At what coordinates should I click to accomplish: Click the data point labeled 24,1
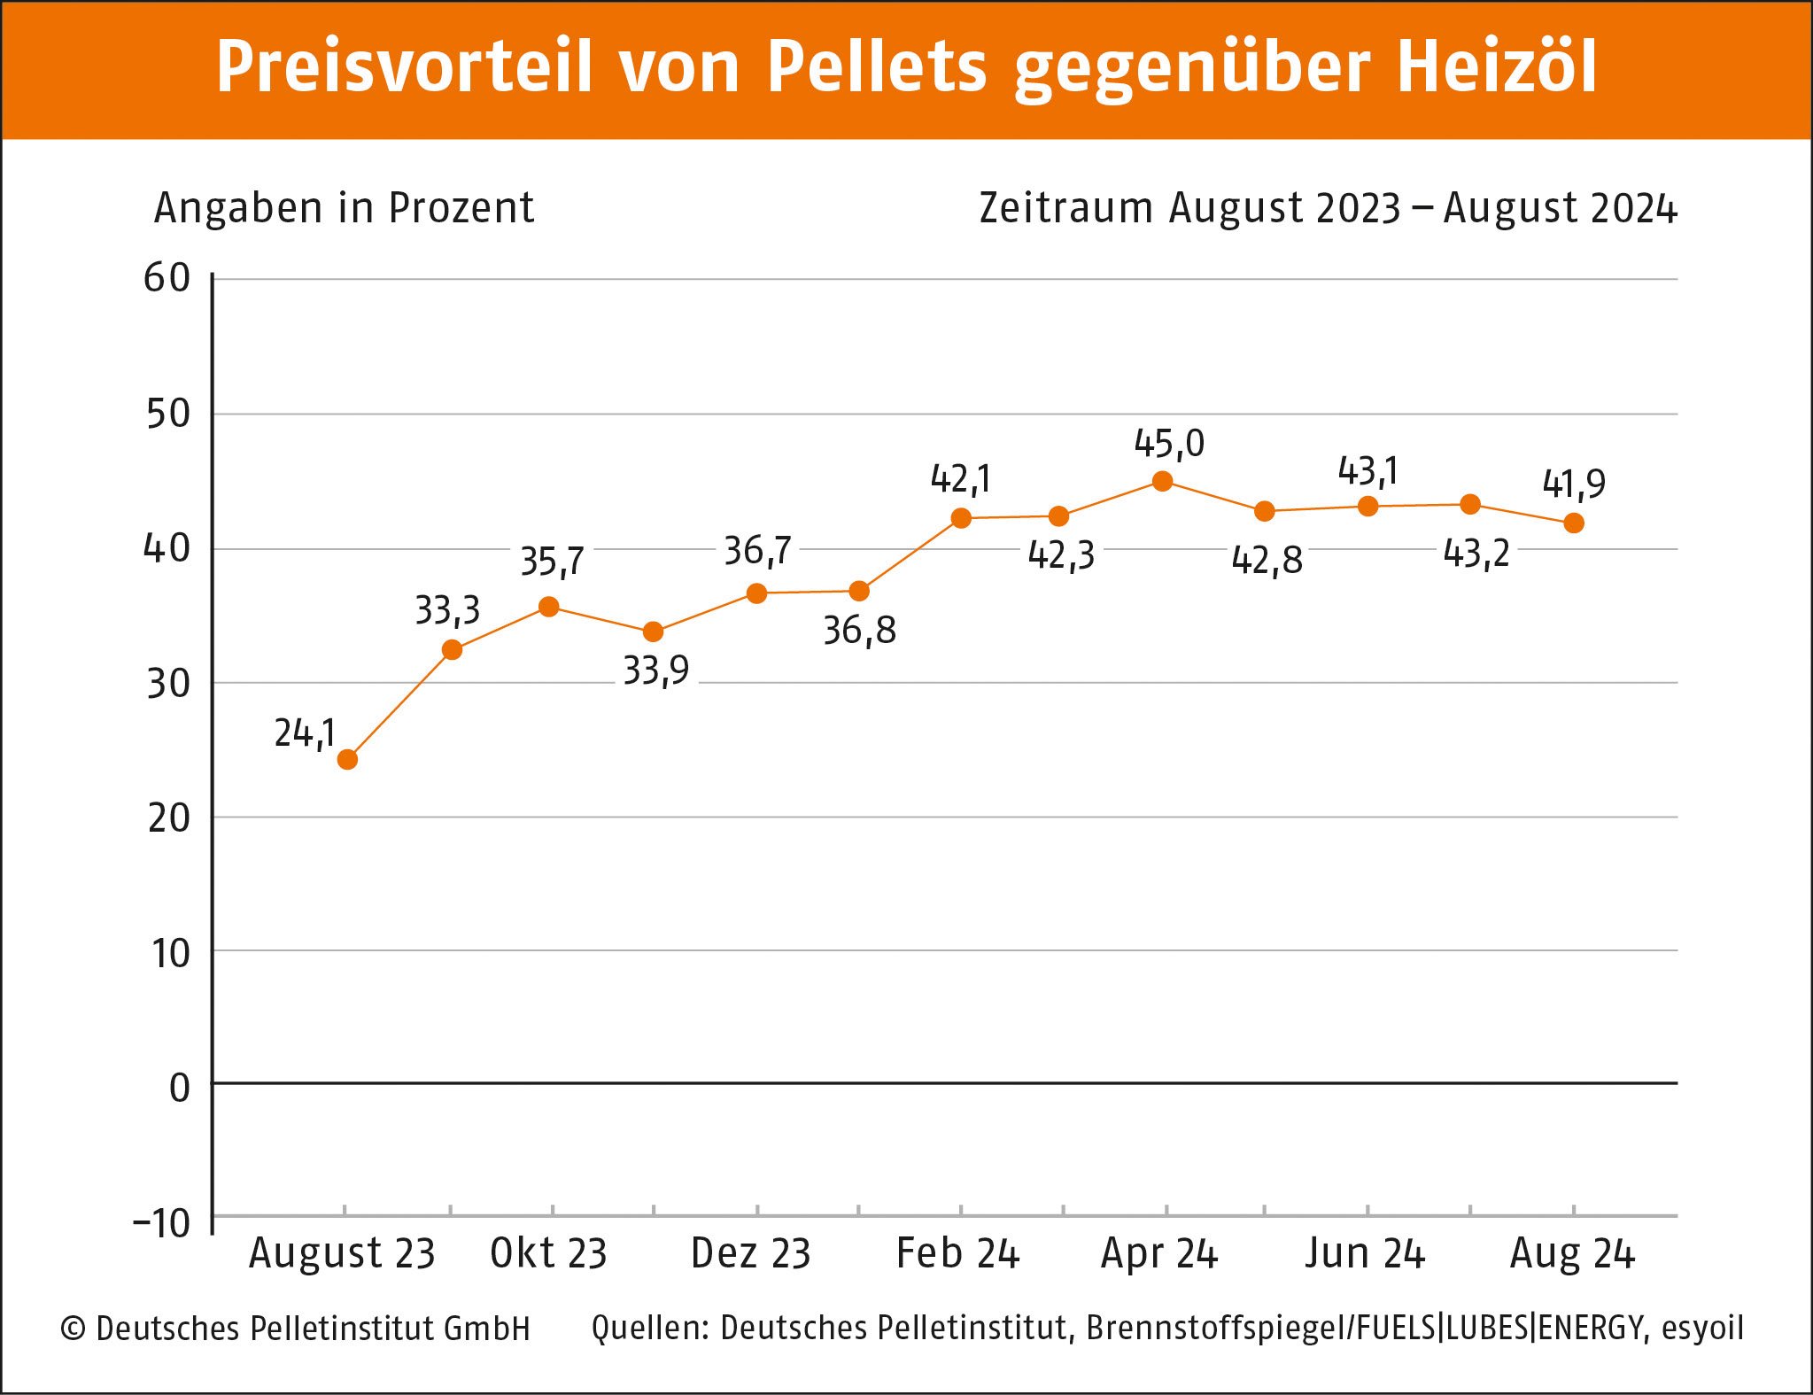tap(347, 759)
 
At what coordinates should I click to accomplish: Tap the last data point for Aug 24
tap(1573, 523)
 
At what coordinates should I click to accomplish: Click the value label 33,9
tap(655, 670)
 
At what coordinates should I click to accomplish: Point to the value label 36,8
tap(859, 631)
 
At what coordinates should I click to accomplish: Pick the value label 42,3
tap(1061, 555)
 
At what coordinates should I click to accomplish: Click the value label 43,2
tap(1476, 554)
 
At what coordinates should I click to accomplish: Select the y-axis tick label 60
tap(167, 278)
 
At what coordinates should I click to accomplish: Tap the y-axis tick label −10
tap(162, 1223)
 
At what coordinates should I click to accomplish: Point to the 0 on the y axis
tap(180, 1088)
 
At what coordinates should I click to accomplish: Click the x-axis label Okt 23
tap(548, 1253)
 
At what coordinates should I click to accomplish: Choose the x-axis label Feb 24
tap(957, 1253)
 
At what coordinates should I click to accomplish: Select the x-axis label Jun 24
tap(1364, 1253)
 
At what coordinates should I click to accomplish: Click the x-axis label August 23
tap(342, 1253)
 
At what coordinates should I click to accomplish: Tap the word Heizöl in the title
tap(1497, 66)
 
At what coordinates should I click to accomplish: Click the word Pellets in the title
tap(876, 66)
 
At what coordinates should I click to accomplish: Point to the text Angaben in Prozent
tap(344, 208)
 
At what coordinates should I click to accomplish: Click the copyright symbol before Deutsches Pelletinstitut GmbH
tap(73, 1329)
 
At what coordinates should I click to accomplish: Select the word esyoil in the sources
tap(1702, 1328)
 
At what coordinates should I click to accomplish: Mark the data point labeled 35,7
tap(548, 607)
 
